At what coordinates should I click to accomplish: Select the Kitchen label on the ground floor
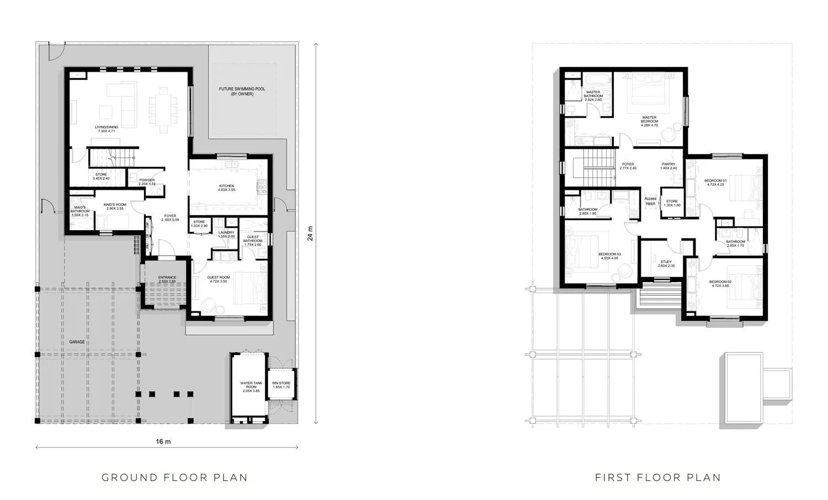point(226,188)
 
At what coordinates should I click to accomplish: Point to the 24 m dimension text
point(310,233)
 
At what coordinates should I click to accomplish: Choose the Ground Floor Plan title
point(174,477)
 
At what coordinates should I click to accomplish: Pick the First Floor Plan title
point(658,477)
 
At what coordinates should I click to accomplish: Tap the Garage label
point(77,342)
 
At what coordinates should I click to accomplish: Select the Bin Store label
point(281,385)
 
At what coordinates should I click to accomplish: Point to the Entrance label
point(167,279)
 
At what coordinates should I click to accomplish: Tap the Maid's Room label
point(115,206)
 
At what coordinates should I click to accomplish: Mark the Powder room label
point(146,182)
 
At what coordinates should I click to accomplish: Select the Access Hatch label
point(650,201)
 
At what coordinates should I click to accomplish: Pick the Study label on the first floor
point(666,264)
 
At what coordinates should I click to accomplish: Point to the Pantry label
point(668,166)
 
